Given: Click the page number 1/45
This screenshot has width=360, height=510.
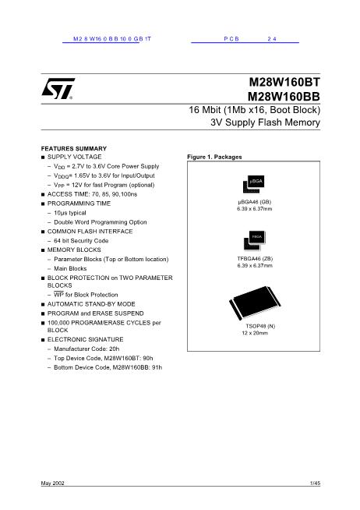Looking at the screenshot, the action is point(315,485).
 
